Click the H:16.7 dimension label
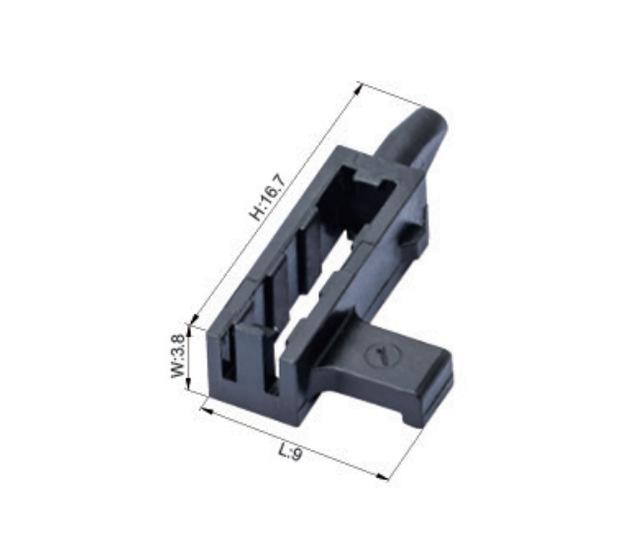tap(268, 198)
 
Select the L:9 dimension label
tap(290, 452)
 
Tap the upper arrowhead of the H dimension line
tap(359, 87)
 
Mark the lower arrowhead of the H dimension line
tap(195, 319)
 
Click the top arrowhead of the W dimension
tap(189, 329)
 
